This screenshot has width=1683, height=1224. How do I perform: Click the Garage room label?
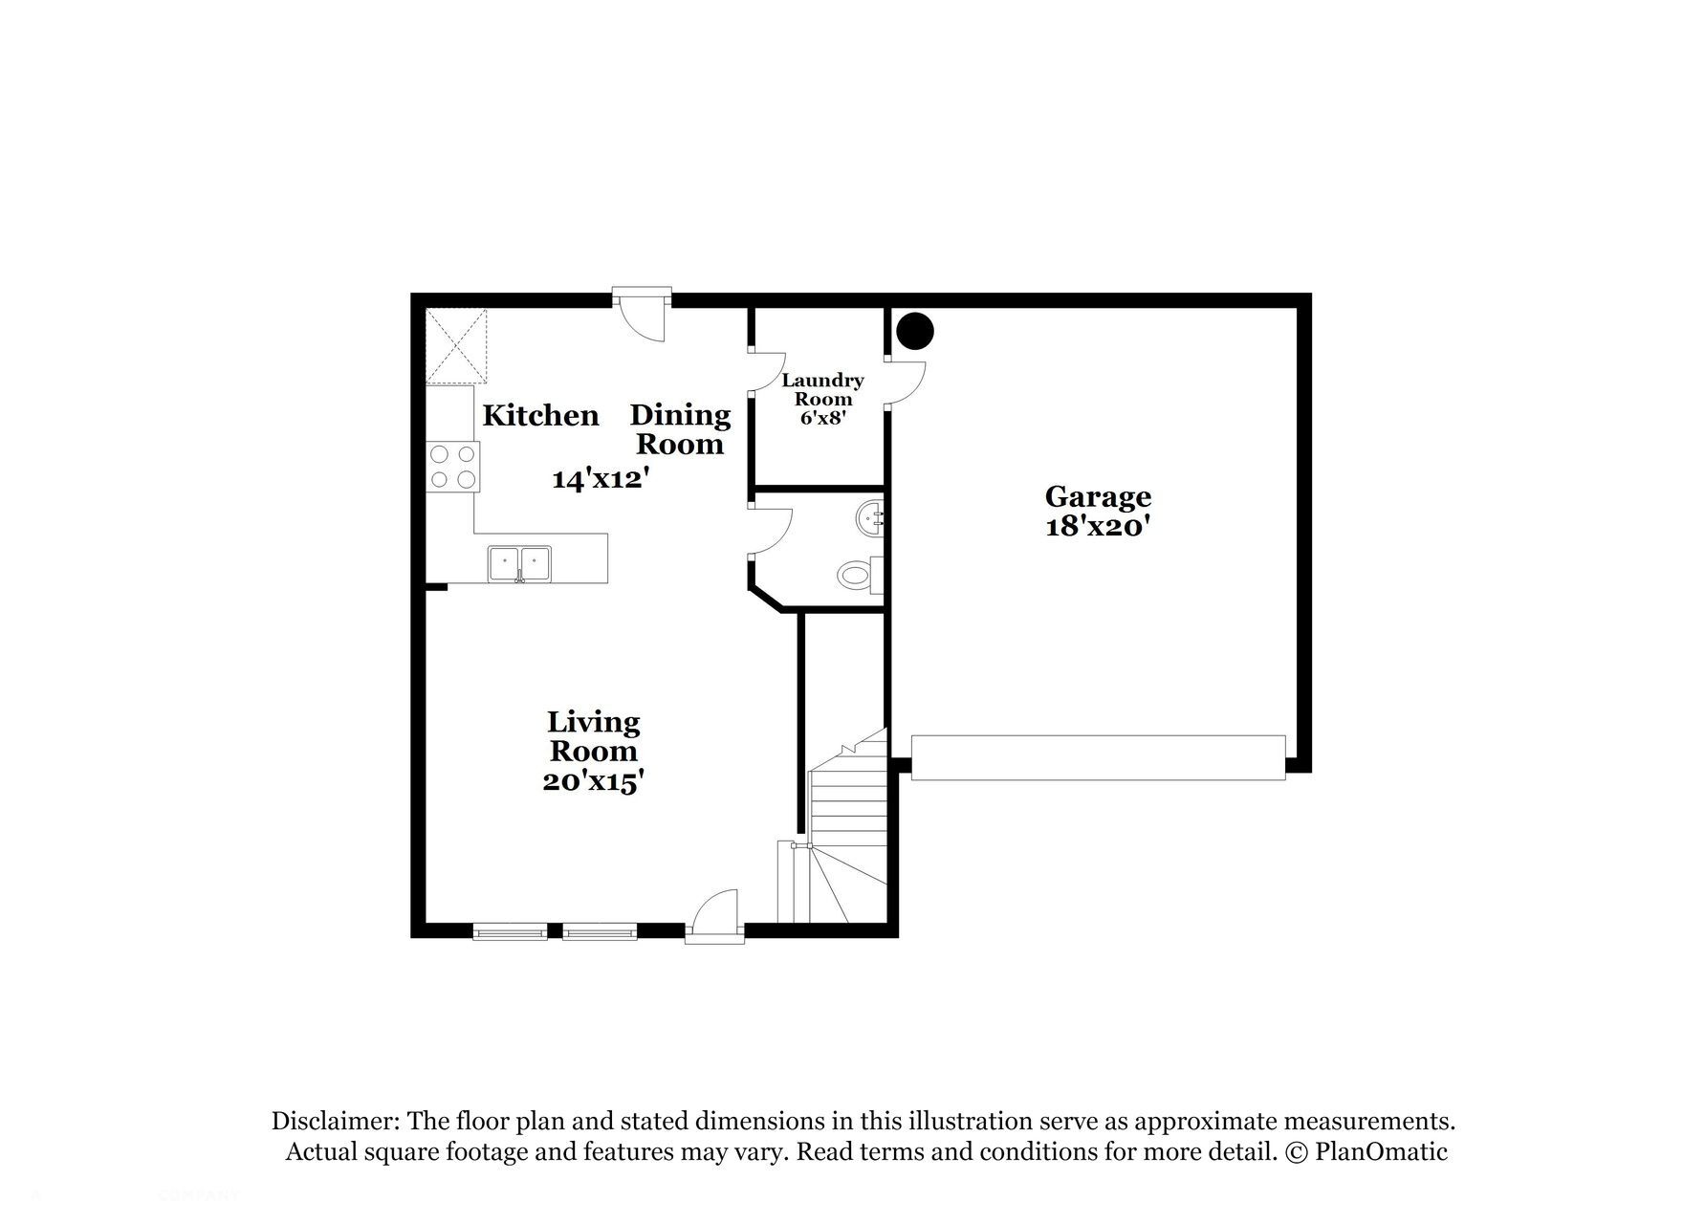tap(1098, 496)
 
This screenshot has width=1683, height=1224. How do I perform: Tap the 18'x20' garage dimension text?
tap(1097, 526)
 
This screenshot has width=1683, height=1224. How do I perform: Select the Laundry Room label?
tap(822, 389)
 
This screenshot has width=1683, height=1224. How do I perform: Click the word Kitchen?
tap(540, 415)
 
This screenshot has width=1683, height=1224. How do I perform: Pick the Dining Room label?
tap(680, 429)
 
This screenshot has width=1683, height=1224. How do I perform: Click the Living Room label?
tap(593, 736)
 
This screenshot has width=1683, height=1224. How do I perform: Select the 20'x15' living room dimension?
tap(593, 781)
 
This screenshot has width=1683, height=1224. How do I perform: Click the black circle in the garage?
tap(915, 331)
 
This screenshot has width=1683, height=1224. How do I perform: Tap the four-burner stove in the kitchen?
tap(453, 467)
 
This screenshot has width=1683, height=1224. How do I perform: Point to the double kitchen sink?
tap(519, 563)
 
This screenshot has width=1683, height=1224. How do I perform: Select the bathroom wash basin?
tap(870, 520)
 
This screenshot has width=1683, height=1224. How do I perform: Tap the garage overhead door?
tap(1098, 757)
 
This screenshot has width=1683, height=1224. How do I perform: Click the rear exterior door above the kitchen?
tap(641, 311)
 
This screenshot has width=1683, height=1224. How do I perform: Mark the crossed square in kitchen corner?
tap(456, 345)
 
